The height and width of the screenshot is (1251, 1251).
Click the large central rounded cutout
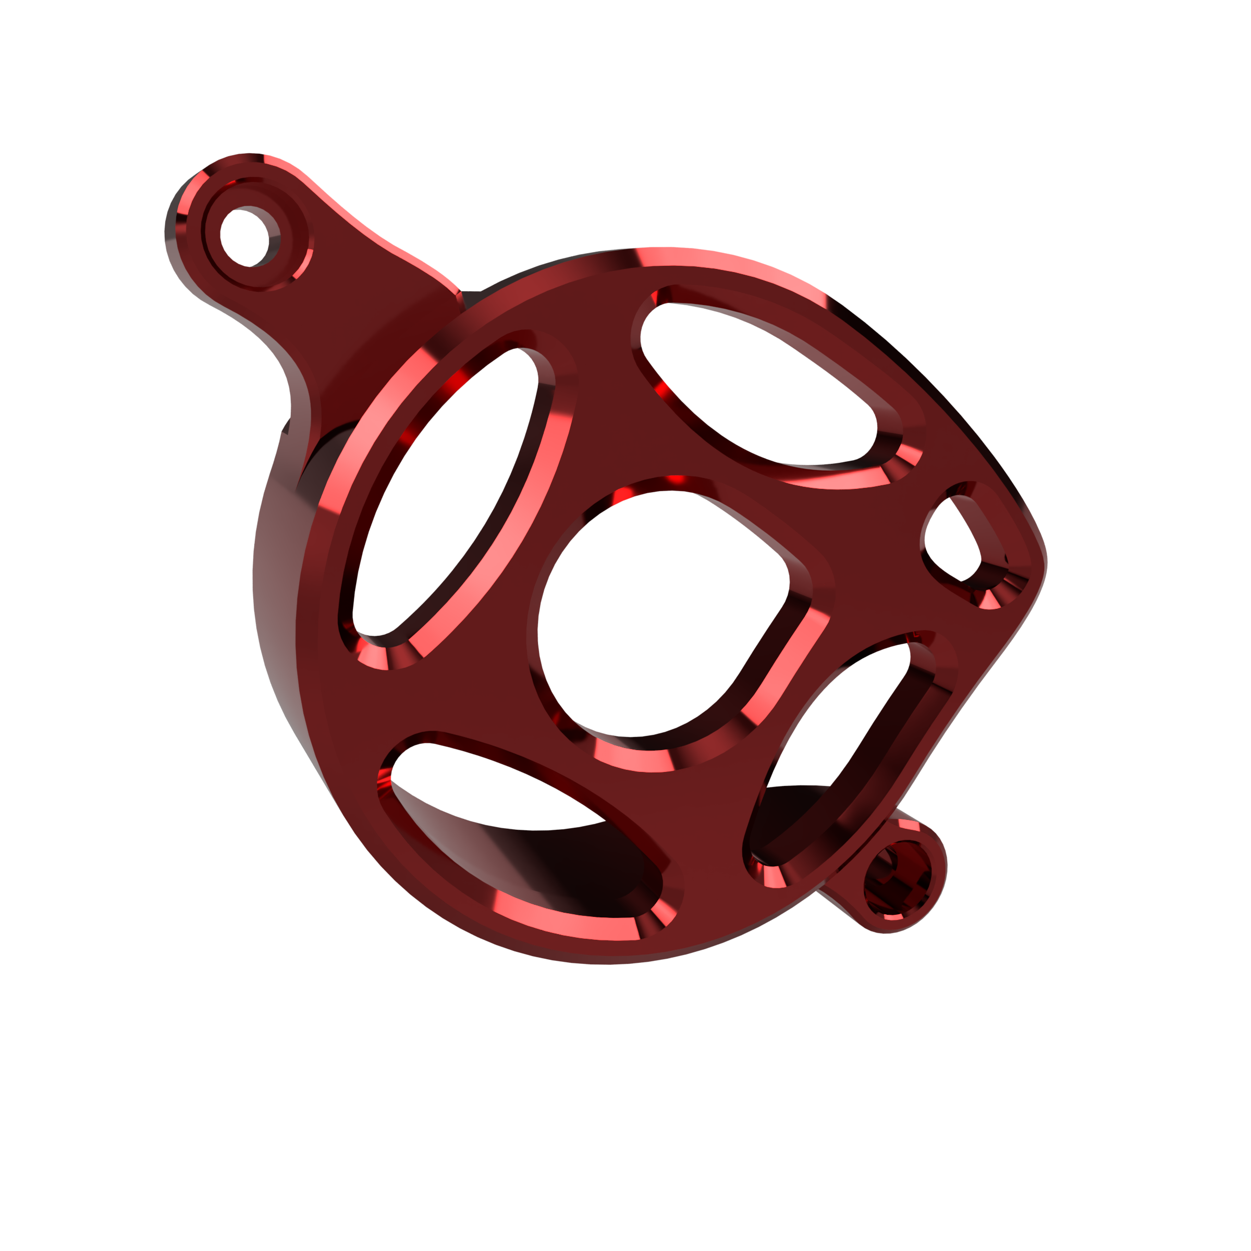coord(654,615)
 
